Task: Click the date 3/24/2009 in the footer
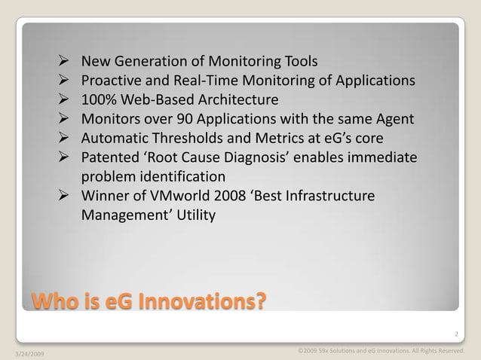pyautogui.click(x=29, y=352)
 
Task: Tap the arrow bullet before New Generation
pyautogui.click(x=64, y=60)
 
